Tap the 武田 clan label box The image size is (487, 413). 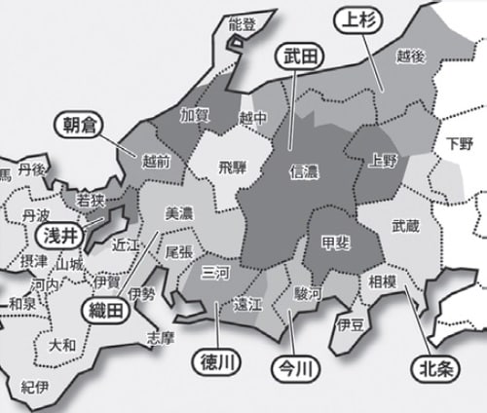click(x=296, y=56)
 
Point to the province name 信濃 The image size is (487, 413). click(x=305, y=171)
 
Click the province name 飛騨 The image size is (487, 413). click(x=233, y=167)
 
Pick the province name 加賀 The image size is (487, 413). click(x=195, y=114)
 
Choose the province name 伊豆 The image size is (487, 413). click(x=350, y=322)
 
